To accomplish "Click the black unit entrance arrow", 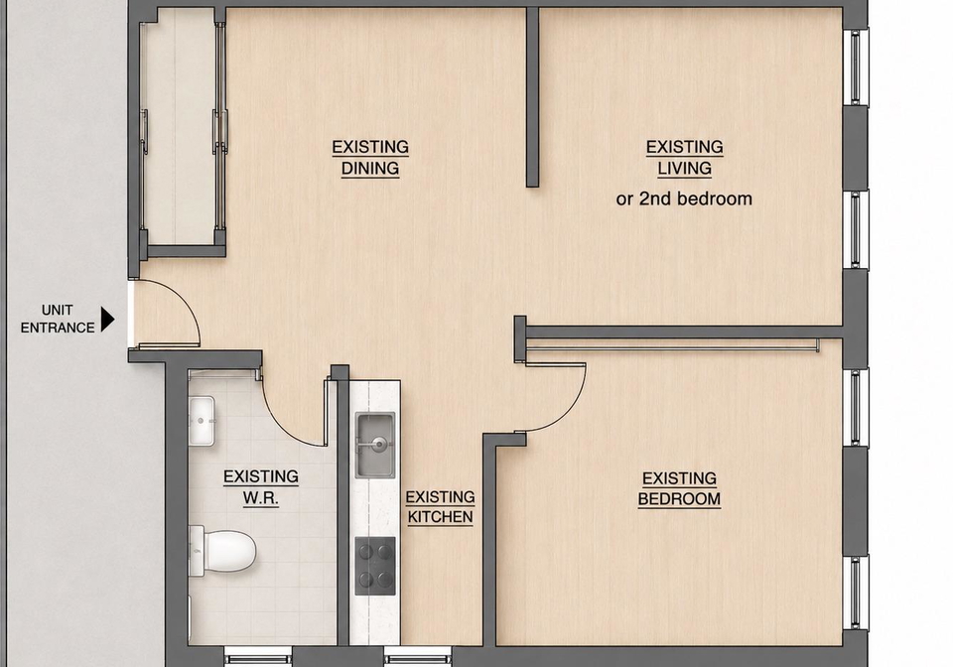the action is coord(107,320).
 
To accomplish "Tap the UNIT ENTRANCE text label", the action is coord(58,319).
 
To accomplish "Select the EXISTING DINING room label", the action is coord(370,158).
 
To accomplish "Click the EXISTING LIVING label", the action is coord(684,158).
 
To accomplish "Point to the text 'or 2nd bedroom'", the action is coord(684,199).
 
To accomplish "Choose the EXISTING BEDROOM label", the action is coord(679,488).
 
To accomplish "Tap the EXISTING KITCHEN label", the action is coord(440,506).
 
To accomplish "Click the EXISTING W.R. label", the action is coord(261,487).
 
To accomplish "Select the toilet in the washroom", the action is coord(222,550).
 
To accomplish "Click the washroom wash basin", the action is coord(202,421).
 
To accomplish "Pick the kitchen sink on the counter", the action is coord(375,445).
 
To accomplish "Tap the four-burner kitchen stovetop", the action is coord(375,566).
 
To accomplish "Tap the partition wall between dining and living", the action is coord(532,97).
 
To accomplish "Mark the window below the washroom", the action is coord(258,657).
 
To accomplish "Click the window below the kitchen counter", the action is coord(418,657).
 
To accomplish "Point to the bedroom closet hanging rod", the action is coord(673,348).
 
